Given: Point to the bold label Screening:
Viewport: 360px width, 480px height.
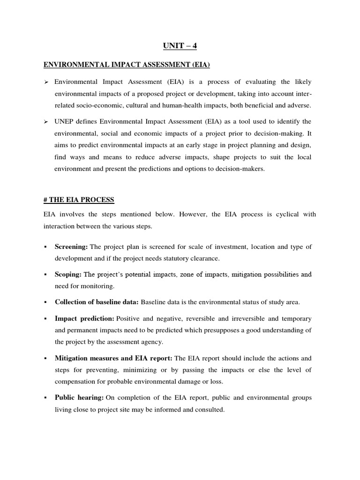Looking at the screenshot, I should (71, 247).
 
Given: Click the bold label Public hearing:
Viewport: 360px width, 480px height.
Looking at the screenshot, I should (79, 397).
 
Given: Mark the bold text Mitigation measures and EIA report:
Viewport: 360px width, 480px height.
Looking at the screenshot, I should (114, 358).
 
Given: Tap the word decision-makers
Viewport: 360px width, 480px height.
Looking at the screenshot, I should (240, 169).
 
